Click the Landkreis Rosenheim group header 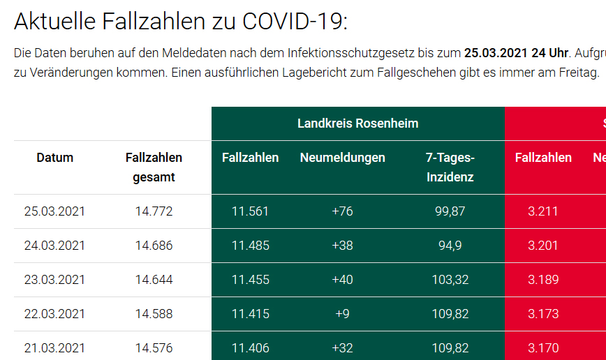(x=357, y=123)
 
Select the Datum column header (x=54, y=158)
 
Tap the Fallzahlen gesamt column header (x=154, y=167)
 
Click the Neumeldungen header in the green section (x=342, y=158)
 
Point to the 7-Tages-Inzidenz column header (x=450, y=167)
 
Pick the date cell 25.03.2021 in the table (x=54, y=211)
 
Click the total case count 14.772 (x=154, y=211)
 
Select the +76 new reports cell (x=342, y=211)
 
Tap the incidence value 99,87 (x=450, y=211)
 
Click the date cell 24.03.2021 (x=54, y=246)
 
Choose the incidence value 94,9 (x=450, y=246)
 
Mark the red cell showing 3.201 (x=543, y=246)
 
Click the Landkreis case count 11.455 (x=250, y=280)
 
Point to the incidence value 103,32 (x=450, y=280)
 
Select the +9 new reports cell (x=342, y=314)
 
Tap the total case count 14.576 (x=154, y=348)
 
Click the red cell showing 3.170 (x=543, y=348)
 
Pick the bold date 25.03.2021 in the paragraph (x=496, y=53)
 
